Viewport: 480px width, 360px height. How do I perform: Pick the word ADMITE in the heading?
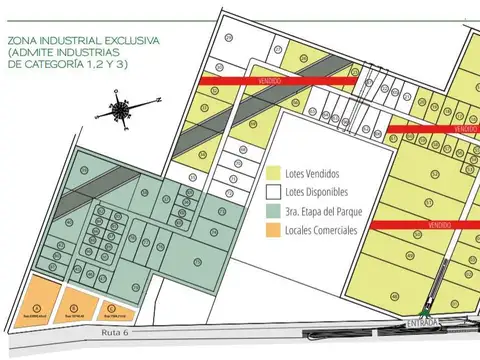38,52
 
